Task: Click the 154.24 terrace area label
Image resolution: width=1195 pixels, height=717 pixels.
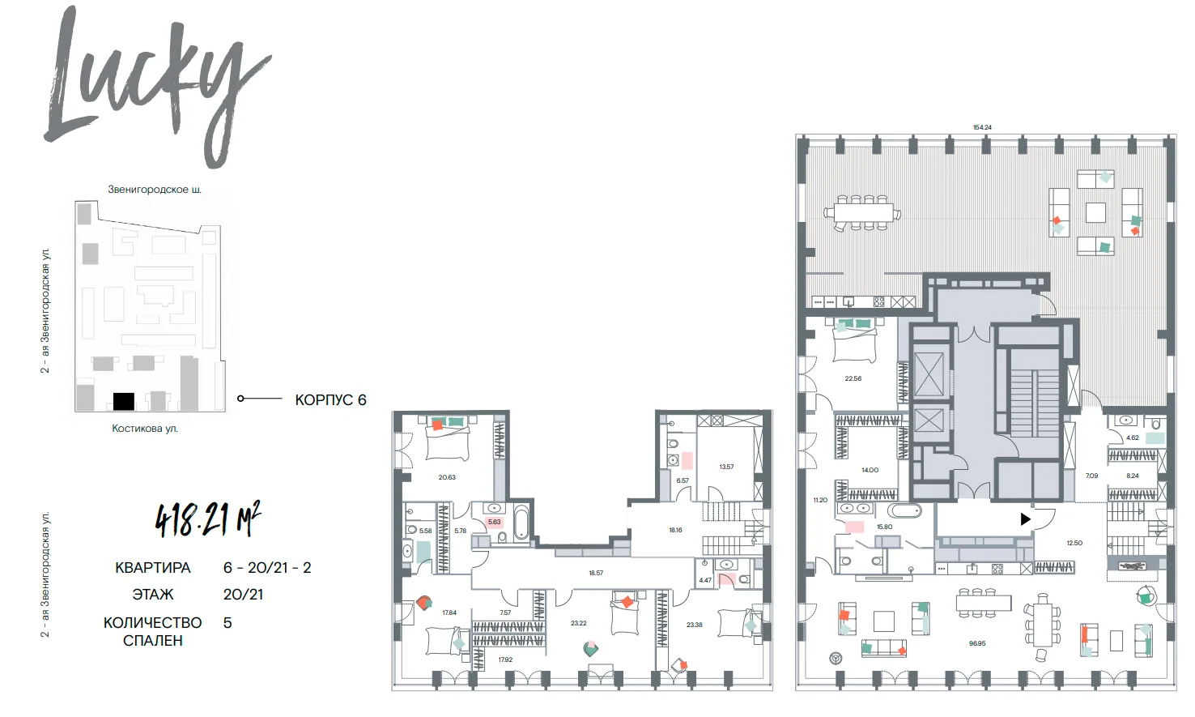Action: [x=981, y=127]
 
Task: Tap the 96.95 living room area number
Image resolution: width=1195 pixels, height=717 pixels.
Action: [x=976, y=644]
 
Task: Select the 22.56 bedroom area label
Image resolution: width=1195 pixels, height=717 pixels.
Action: [x=853, y=378]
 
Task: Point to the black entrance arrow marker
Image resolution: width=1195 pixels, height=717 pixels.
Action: [x=1025, y=519]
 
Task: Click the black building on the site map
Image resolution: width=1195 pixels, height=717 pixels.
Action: [x=123, y=401]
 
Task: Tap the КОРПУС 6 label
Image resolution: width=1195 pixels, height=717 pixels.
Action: [x=331, y=400]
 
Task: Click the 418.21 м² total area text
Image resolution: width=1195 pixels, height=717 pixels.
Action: [x=208, y=519]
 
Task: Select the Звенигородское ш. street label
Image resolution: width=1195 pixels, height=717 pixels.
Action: [x=155, y=190]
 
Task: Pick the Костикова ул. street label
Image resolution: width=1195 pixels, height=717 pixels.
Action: [x=145, y=428]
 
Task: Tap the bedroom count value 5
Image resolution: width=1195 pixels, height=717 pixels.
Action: [x=228, y=623]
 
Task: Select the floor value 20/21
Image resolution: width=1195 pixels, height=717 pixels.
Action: [x=243, y=595]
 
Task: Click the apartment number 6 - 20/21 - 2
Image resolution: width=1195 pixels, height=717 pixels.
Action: [x=267, y=567]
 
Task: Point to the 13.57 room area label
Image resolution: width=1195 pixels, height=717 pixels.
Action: [x=726, y=467]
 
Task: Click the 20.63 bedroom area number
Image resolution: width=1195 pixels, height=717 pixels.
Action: [x=447, y=477]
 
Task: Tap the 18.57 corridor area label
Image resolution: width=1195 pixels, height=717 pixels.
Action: [x=596, y=573]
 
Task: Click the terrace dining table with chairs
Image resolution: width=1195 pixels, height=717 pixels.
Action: [x=862, y=213]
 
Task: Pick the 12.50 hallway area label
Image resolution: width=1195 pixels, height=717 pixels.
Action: [x=1074, y=543]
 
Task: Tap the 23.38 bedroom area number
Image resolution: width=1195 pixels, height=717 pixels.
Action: [x=694, y=625]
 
